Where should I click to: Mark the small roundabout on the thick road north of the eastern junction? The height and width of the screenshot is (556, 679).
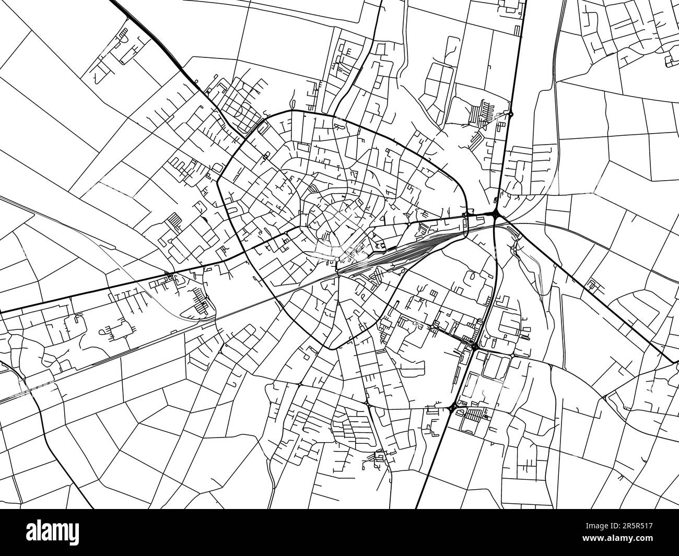[x=511, y=114]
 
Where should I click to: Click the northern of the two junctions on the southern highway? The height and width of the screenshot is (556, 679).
[x=475, y=346]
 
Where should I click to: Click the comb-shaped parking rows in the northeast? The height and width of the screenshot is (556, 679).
[x=481, y=112]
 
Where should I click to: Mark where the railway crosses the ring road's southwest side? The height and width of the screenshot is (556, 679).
[x=285, y=289]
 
